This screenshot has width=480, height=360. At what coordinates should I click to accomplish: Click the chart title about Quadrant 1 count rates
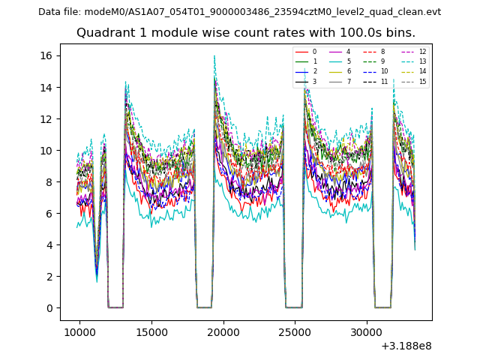246,33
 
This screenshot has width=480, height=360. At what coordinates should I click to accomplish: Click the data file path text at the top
239,12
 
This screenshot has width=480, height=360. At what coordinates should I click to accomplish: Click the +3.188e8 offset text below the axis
406,346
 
